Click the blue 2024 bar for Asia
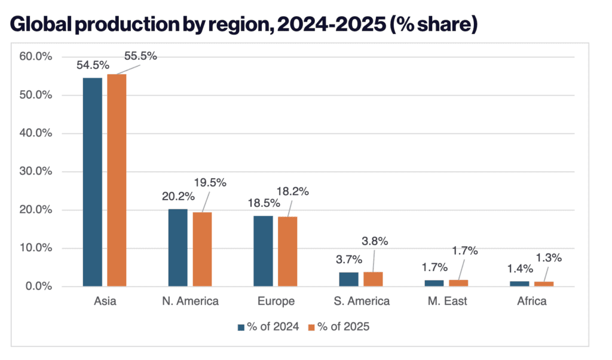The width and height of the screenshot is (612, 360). click(93, 182)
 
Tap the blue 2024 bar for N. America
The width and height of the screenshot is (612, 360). click(178, 248)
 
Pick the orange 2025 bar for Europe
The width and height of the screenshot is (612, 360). click(287, 251)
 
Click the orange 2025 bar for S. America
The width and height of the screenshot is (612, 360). click(373, 279)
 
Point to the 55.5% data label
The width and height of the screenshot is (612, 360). click(140, 56)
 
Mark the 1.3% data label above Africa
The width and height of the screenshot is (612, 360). click(549, 259)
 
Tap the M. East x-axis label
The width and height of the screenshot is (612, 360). click(447, 301)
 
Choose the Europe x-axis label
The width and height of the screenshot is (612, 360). click(276, 301)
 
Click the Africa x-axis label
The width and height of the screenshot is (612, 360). click(532, 301)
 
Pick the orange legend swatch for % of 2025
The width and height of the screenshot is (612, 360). click(311, 327)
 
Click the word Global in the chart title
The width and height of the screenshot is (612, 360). click(48, 25)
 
